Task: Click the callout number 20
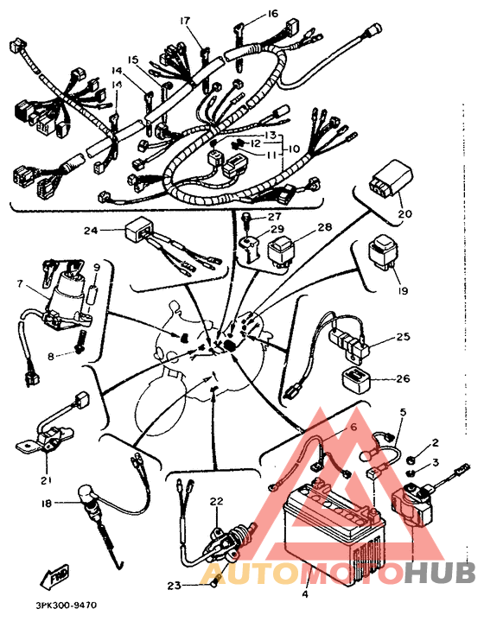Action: (405, 213)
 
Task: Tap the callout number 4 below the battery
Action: (305, 594)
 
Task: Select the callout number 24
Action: (91, 231)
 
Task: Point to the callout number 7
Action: (20, 283)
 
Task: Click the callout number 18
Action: (48, 503)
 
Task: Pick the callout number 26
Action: (403, 378)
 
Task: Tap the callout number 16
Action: (272, 14)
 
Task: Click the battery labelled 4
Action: (334, 529)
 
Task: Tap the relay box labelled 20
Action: (391, 177)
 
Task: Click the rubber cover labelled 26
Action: (355, 377)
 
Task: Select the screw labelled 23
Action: (215, 579)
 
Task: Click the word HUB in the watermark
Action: (440, 572)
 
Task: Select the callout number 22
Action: (217, 501)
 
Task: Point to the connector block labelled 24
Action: (138, 231)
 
